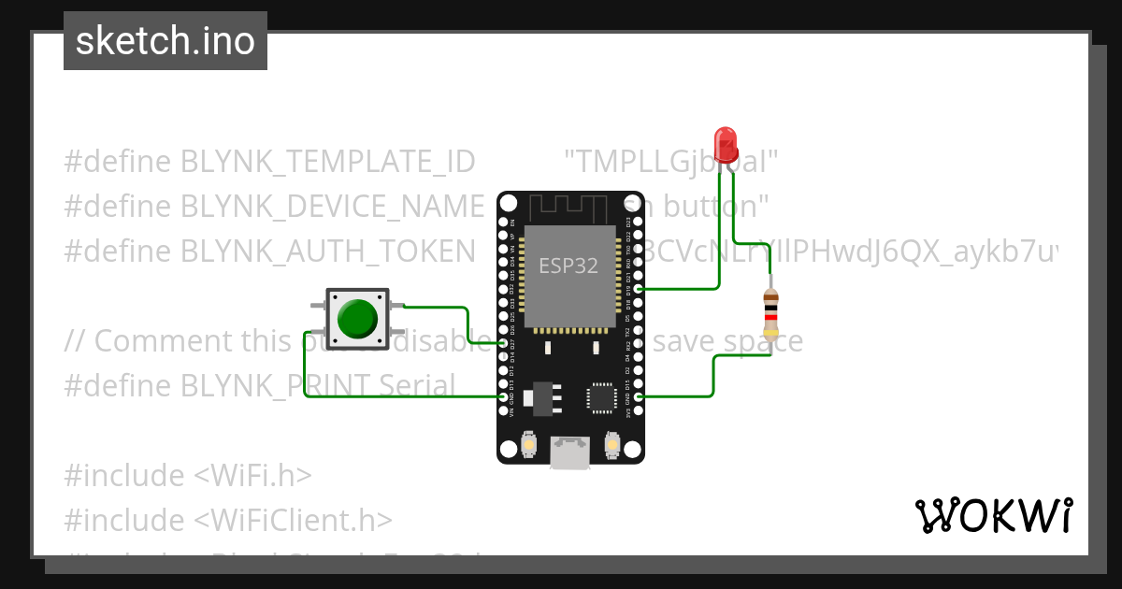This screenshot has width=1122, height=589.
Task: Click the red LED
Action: pos(726,144)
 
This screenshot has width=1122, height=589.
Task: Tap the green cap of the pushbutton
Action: pos(357,318)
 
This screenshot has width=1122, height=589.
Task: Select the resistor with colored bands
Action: pos(770,313)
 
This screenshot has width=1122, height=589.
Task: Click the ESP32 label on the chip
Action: pos(568,265)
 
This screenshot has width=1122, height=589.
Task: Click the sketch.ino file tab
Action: pos(165,41)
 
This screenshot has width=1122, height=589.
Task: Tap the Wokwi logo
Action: pos(993,515)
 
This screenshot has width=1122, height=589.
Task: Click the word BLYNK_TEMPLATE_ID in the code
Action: pos(328,162)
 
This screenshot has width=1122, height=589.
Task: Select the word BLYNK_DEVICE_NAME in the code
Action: pos(333,206)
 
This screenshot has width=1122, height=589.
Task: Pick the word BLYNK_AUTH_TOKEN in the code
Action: pos(328,251)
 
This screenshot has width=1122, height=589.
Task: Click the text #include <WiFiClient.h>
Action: pos(228,520)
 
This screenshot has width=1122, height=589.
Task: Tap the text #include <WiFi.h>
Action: pos(187,475)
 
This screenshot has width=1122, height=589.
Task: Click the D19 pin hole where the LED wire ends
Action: pos(638,290)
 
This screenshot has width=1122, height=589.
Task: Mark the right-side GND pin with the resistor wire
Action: pos(638,397)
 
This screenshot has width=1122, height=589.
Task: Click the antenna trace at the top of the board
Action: pos(569,206)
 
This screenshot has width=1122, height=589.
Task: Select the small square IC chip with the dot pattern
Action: pos(599,398)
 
